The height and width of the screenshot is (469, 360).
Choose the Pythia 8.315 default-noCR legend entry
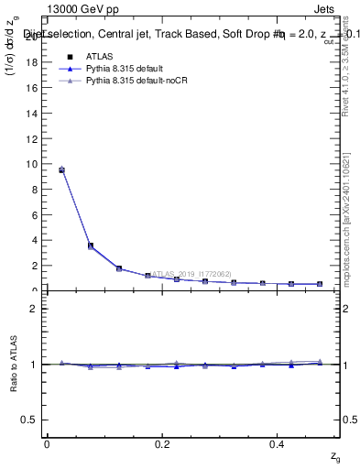pyautogui.click(x=137, y=81)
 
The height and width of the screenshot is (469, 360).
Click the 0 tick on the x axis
pyautogui.click(x=47, y=443)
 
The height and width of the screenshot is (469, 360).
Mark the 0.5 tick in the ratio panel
pyautogui.click(x=33, y=420)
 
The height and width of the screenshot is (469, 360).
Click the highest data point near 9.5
pyautogui.click(x=61, y=169)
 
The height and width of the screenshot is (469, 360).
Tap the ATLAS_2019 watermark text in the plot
pyautogui.click(x=191, y=273)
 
